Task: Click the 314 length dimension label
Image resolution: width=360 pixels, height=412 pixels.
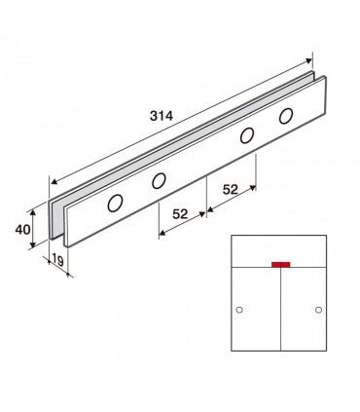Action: (162, 116)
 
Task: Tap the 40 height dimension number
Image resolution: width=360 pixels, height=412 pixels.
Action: (23, 230)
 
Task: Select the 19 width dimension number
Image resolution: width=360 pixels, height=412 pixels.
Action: (57, 260)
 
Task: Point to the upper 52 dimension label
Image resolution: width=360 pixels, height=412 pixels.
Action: (231, 189)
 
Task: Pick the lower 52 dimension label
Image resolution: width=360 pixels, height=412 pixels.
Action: (180, 214)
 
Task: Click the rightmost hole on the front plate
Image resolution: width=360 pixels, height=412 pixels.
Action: (286, 116)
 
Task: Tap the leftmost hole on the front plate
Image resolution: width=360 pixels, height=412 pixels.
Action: (115, 204)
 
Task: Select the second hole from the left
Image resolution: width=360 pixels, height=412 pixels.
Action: (159, 181)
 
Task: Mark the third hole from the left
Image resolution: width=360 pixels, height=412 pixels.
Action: (247, 135)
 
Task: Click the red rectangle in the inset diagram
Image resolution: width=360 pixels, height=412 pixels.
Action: (281, 265)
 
